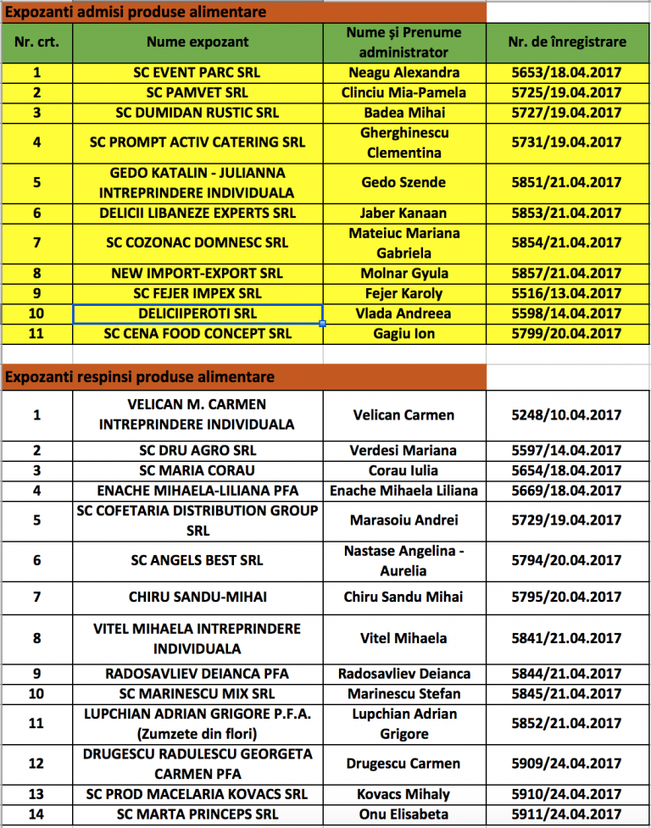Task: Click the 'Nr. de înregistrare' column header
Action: (567, 42)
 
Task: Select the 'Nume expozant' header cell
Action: (198, 42)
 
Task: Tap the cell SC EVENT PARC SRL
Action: (198, 73)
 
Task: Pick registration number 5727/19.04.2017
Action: (567, 113)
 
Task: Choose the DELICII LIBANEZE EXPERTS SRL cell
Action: (198, 213)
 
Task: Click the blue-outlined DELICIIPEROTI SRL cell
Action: (198, 314)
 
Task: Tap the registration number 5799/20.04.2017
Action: (567, 334)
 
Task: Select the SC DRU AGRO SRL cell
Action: (198, 450)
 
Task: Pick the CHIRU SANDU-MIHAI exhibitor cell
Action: (198, 597)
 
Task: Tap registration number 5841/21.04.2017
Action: (567, 638)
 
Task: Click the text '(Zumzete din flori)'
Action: (198, 733)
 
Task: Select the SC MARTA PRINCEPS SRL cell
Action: (198, 815)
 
